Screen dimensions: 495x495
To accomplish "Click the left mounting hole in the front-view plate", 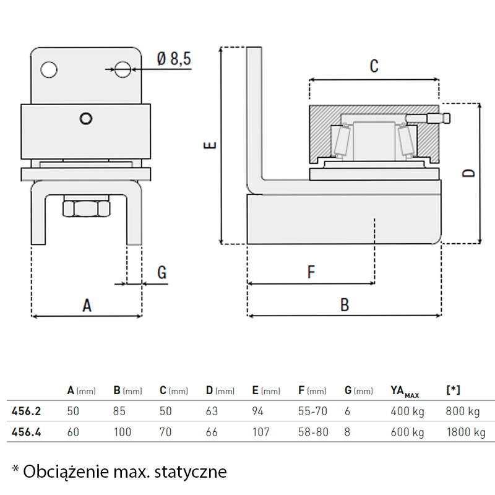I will click(x=48, y=69).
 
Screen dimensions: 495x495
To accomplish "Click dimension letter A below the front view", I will click(x=87, y=304).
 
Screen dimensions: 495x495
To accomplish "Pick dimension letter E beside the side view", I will click(x=210, y=146).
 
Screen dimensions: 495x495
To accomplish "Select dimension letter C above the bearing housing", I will click(x=374, y=66).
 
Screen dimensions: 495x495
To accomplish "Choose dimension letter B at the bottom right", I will click(x=345, y=304).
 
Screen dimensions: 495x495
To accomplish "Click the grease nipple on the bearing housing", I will click(x=444, y=118).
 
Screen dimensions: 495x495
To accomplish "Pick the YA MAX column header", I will click(x=406, y=391).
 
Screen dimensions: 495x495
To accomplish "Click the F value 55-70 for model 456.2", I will click(x=312, y=411).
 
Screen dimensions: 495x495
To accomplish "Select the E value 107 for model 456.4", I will click(x=261, y=432).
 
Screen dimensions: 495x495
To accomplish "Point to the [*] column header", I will click(x=453, y=390).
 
